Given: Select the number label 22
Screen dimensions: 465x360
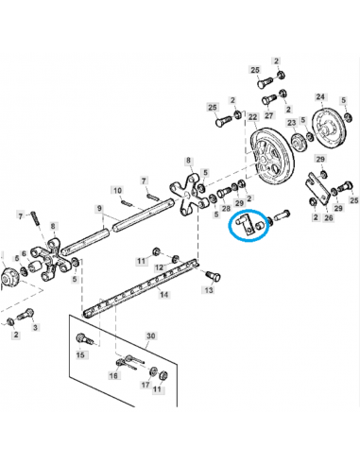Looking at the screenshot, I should (x=253, y=116).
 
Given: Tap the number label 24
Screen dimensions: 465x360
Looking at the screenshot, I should (x=319, y=97).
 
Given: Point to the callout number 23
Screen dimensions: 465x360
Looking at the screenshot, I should (x=291, y=122).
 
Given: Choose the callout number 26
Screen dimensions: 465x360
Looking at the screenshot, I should (x=329, y=217).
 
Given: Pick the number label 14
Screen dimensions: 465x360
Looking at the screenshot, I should (x=163, y=295).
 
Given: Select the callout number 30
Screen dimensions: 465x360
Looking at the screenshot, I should (x=149, y=335).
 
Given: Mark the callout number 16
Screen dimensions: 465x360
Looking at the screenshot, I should (x=114, y=375).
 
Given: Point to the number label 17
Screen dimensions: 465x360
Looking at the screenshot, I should (x=145, y=386).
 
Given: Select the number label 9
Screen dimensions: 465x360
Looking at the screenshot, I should (x=99, y=208).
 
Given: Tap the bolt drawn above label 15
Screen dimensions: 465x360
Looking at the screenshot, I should (x=83, y=337).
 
